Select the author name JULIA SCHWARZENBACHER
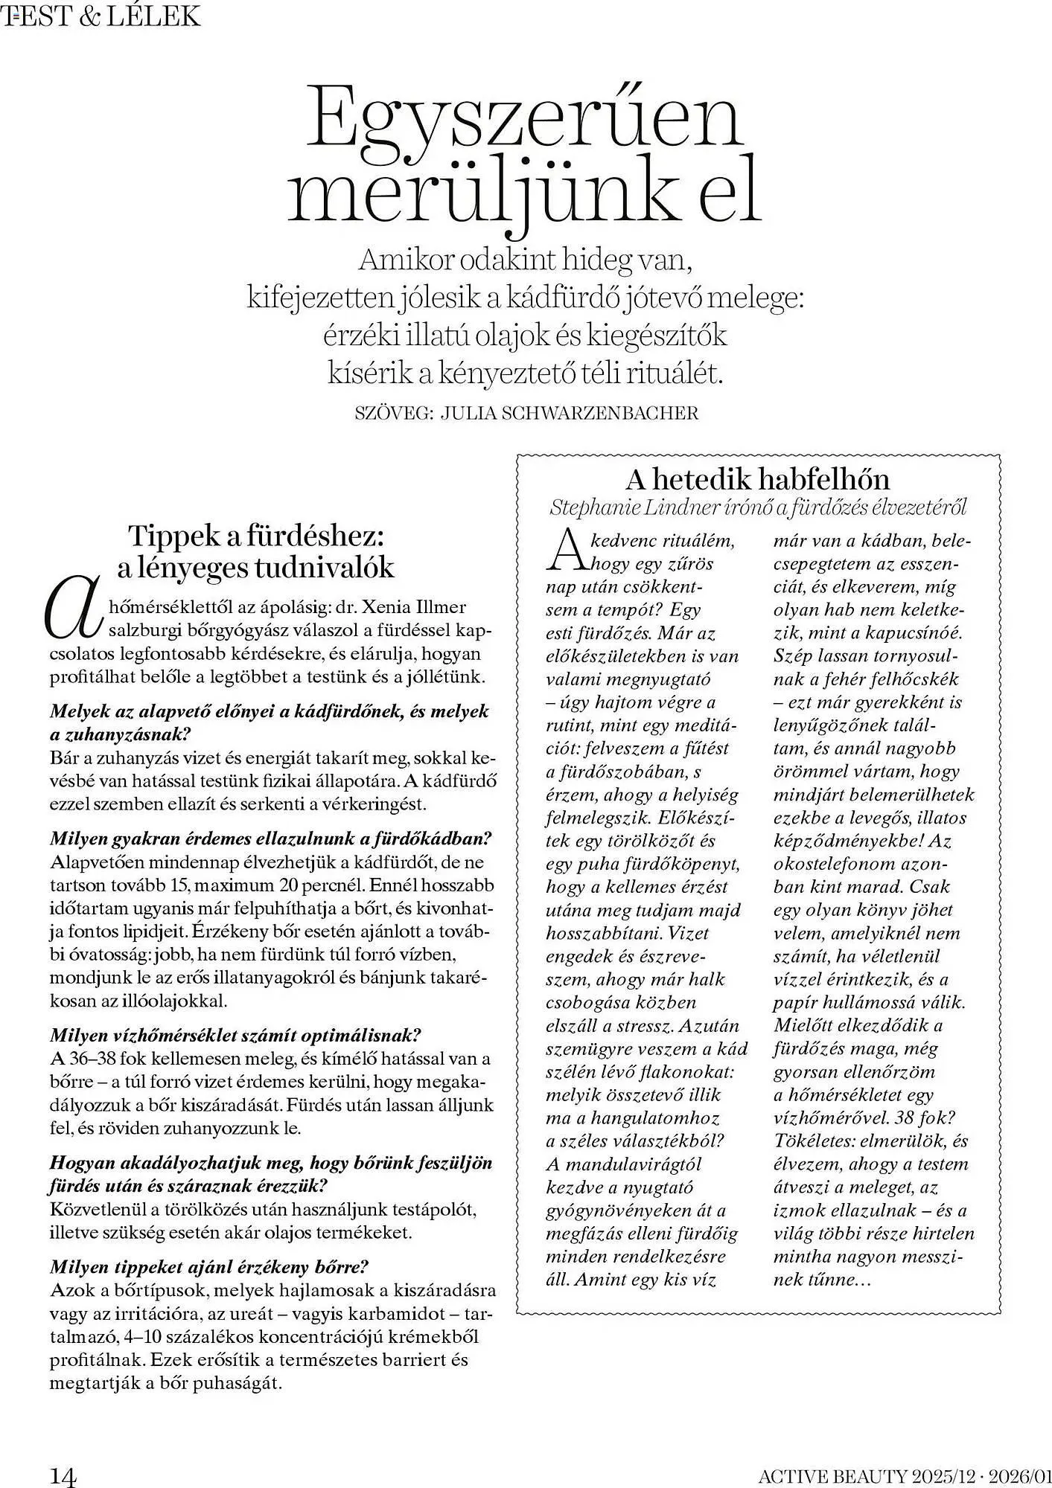(x=570, y=414)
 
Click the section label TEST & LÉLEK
(x=102, y=15)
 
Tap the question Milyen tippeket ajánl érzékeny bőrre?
(x=209, y=1266)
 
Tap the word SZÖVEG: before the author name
(x=394, y=414)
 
